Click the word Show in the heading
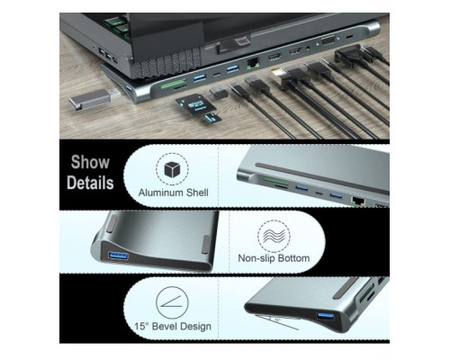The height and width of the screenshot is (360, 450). pos(90,162)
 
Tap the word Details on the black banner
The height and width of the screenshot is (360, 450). pos(90,183)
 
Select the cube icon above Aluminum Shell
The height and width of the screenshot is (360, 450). pos(172,169)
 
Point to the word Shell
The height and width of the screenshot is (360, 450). pos(197,193)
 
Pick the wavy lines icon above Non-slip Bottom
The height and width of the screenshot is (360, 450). pos(274,236)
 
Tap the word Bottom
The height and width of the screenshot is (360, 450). pos(293,258)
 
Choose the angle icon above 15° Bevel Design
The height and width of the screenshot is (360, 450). pos(172,302)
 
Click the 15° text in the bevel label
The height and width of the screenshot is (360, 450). pos(141,326)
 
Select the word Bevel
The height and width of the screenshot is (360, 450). pos(164,326)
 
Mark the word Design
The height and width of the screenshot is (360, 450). pos(195,327)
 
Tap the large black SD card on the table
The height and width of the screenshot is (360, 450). pos(195,103)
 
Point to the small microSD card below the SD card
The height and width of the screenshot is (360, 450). pos(211,118)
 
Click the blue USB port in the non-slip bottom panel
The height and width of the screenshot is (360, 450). pos(119,256)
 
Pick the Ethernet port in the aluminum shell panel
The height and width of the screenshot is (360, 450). pos(358,201)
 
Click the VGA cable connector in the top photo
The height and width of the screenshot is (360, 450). pos(348,54)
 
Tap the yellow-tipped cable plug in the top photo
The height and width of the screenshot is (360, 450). pos(278,75)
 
